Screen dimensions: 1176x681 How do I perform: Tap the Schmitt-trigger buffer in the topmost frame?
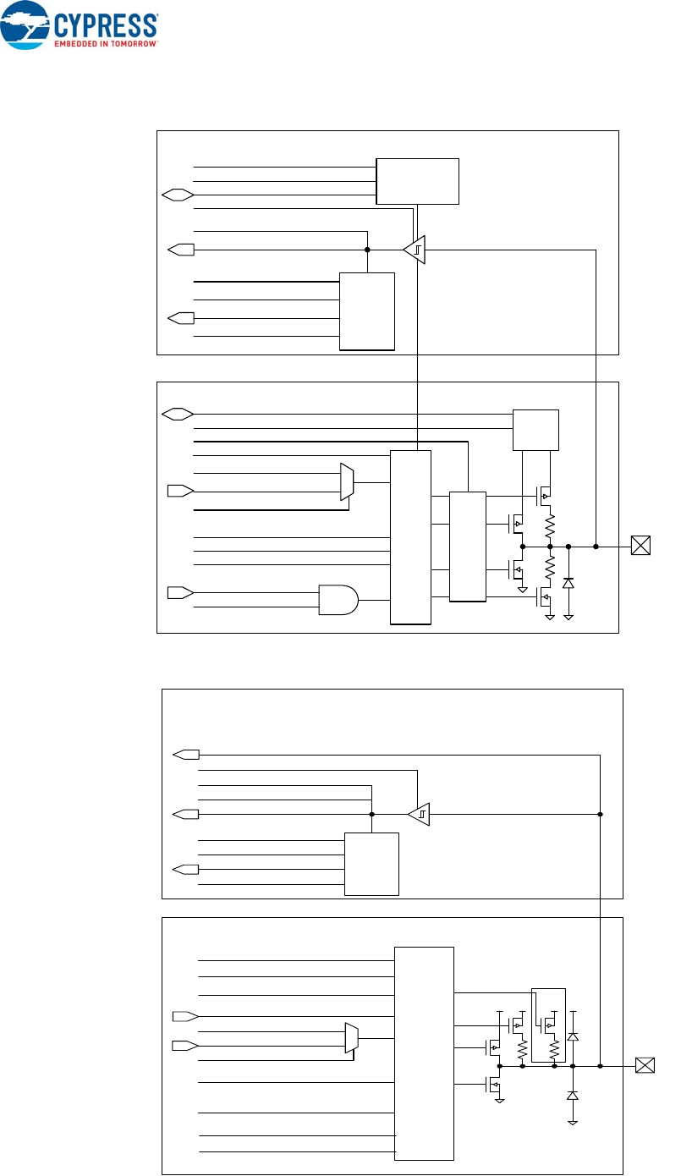pyautogui.click(x=414, y=250)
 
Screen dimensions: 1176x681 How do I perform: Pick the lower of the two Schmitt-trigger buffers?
pyautogui.click(x=419, y=815)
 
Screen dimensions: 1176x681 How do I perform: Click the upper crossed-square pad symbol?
pyautogui.click(x=641, y=547)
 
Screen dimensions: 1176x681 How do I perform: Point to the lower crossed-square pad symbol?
pyautogui.click(x=644, y=1066)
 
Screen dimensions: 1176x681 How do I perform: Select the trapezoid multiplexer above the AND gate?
pyautogui.click(x=346, y=482)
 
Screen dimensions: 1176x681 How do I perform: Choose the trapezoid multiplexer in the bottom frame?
pyautogui.click(x=351, y=1037)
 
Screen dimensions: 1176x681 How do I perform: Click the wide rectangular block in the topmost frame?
pyautogui.click(x=417, y=180)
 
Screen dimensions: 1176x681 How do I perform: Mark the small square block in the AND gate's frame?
pyautogui.click(x=536, y=430)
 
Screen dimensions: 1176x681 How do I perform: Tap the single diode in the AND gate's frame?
pyautogui.click(x=568, y=583)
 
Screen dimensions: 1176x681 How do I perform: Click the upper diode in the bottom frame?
pyautogui.click(x=573, y=1036)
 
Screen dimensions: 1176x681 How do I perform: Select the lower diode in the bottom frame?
pyautogui.click(x=573, y=1096)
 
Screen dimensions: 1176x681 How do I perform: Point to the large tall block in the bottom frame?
pyautogui.click(x=424, y=1053)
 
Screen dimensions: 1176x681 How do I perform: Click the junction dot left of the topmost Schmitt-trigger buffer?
pyautogui.click(x=367, y=250)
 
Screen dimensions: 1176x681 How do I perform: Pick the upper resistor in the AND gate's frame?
pyautogui.click(x=550, y=528)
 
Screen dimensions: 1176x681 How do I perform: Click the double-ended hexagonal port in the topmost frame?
pyautogui.click(x=177, y=195)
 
